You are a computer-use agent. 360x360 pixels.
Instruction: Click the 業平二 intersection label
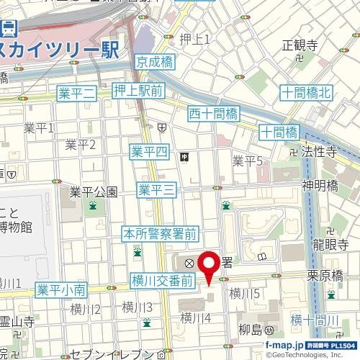[x=76, y=92]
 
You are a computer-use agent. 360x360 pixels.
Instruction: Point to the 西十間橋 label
[x=213, y=112]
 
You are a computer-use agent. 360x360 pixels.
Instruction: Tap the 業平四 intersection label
[x=149, y=152]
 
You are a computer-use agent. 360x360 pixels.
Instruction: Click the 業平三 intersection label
[x=157, y=190]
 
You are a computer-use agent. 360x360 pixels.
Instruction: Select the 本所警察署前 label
[x=159, y=233]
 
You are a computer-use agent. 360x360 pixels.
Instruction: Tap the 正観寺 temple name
[x=300, y=45]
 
